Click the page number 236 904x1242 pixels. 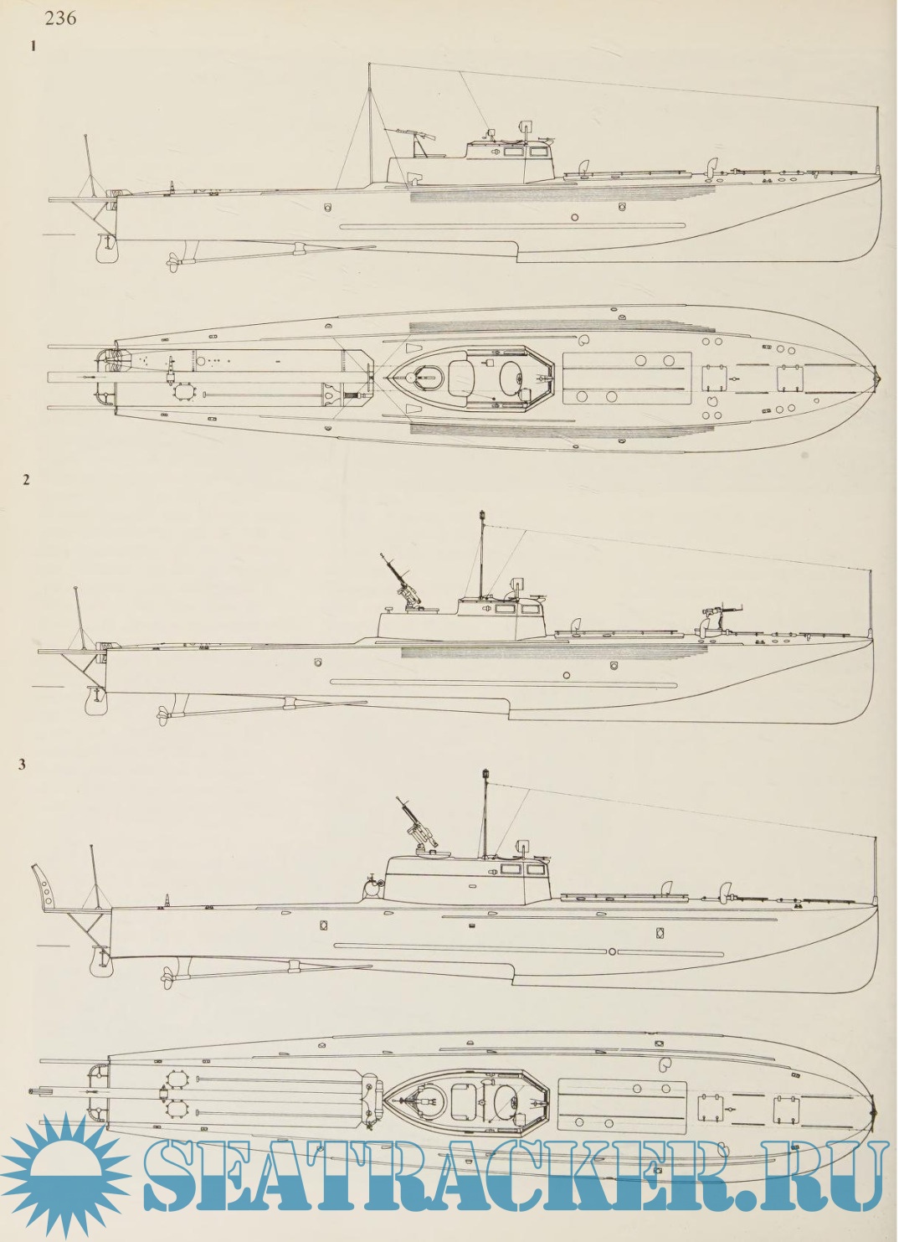pos(60,17)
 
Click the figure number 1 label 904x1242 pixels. pos(33,47)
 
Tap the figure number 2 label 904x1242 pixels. pos(27,480)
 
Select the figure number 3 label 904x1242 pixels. pos(23,764)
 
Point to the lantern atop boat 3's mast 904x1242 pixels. pos(484,773)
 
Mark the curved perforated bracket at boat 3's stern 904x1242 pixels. pos(43,889)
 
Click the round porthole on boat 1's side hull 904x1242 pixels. pos(574,217)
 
